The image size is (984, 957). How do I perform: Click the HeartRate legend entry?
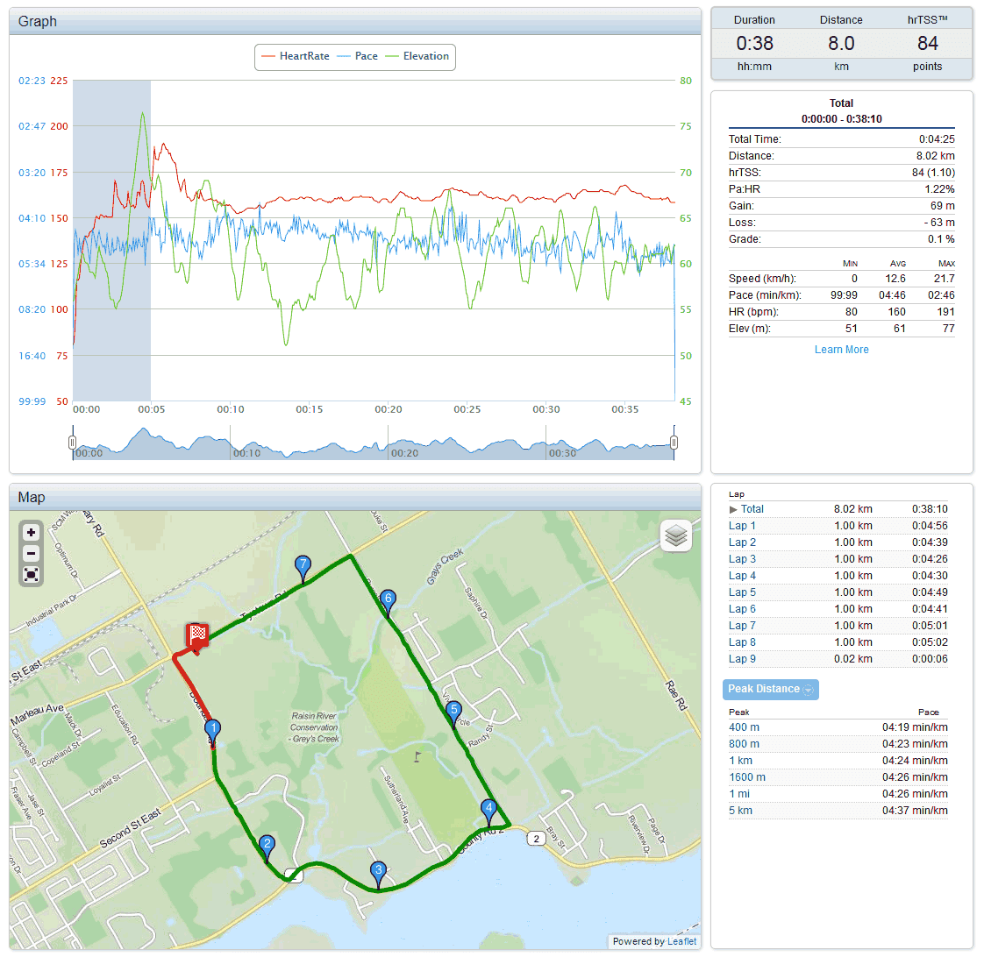[303, 56]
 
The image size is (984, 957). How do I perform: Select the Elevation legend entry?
[425, 56]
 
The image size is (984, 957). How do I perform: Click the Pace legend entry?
[366, 56]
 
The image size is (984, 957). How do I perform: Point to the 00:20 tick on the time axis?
[389, 409]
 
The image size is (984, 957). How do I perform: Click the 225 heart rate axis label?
[59, 81]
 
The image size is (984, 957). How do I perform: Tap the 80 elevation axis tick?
[686, 81]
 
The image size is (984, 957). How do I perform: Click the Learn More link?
[841, 350]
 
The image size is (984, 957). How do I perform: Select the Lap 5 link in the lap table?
[742, 592]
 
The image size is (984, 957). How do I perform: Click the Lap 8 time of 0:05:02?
[930, 642]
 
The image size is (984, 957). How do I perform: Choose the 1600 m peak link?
[747, 777]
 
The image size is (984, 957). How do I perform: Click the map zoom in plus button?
[32, 532]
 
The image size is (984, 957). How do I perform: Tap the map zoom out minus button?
[32, 553]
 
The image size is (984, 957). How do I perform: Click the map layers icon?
[675, 536]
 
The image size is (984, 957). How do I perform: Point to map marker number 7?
[303, 566]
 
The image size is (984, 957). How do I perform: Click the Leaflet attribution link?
[681, 941]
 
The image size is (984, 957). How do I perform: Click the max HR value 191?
[945, 312]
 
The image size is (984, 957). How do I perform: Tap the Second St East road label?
[131, 828]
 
